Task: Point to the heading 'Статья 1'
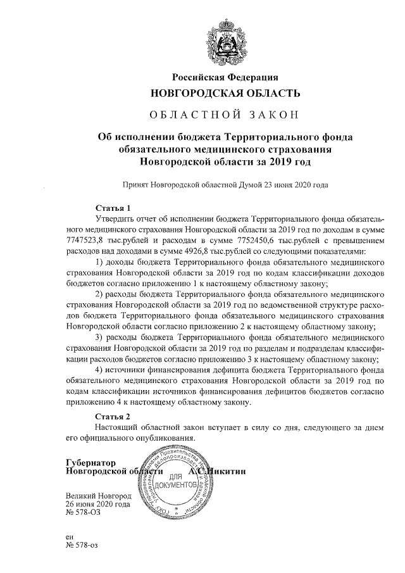112,207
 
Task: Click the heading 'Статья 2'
112,416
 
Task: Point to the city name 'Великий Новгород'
98,495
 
